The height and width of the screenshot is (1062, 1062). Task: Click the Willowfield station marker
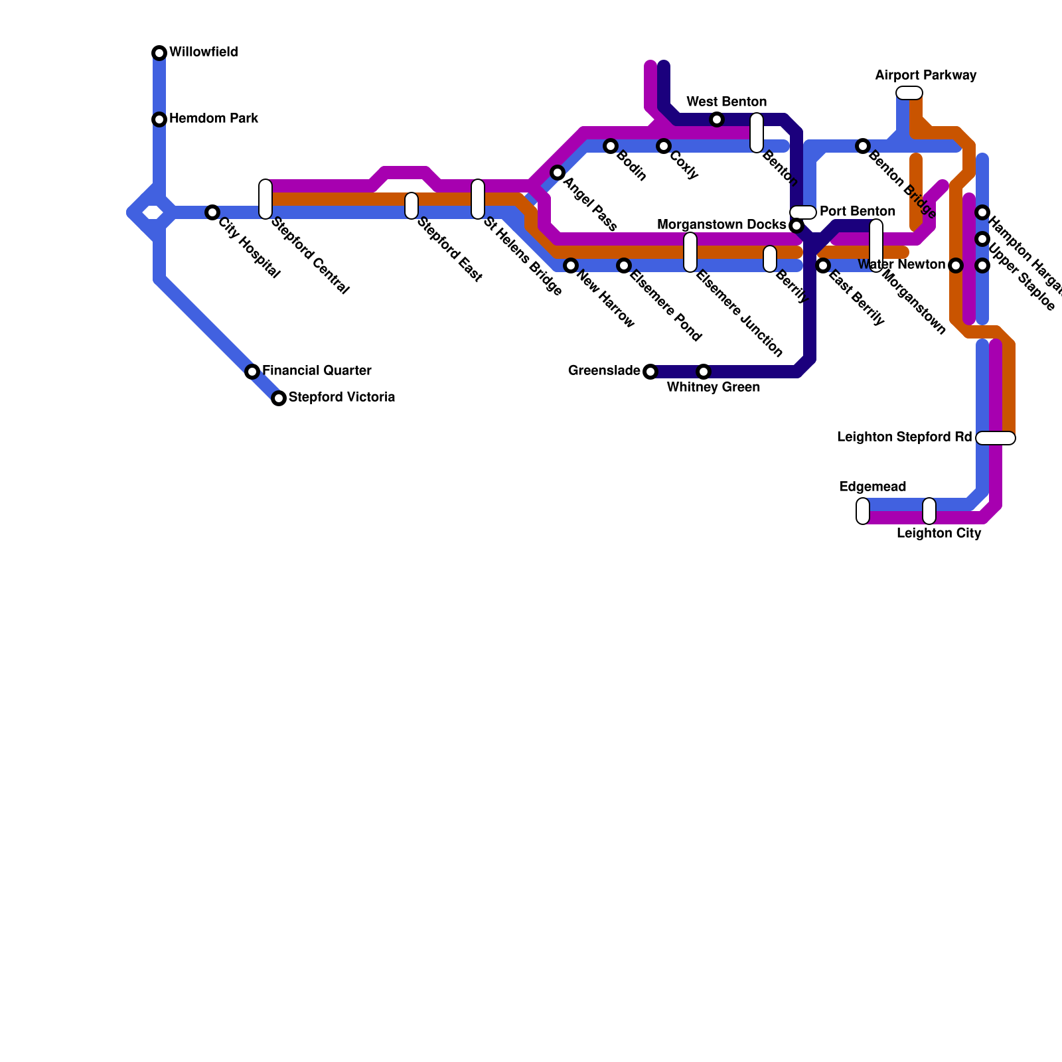159,53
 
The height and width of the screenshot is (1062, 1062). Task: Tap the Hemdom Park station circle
159,119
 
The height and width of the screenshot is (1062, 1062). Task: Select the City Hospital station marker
212,212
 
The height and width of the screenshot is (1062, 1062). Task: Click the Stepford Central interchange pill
265,199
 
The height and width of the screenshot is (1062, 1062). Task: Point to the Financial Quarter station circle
252,372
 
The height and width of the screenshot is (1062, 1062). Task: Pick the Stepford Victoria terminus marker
279,398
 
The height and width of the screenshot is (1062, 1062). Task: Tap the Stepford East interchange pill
412,206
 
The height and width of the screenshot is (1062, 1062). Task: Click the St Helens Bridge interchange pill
478,199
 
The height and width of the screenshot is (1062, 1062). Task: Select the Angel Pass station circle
558,173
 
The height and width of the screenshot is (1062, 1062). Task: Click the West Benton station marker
717,119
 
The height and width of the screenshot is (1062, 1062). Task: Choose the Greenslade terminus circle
650,372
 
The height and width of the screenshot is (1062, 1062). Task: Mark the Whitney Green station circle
704,372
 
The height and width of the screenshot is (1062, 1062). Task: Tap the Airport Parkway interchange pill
909,93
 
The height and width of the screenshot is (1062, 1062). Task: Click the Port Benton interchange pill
803,212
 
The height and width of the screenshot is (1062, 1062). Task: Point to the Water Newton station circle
956,265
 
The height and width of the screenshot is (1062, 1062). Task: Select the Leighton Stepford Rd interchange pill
996,438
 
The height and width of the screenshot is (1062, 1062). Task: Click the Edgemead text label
872,487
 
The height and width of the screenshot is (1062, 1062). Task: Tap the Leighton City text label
939,534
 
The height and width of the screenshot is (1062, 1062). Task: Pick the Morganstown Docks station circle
796,226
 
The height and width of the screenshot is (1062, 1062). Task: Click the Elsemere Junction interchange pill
690,252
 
